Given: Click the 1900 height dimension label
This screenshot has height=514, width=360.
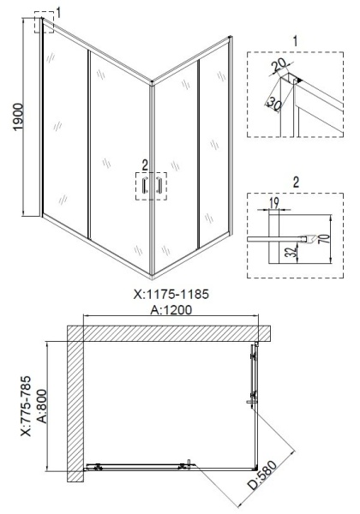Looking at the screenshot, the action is pyautogui.click(x=18, y=117).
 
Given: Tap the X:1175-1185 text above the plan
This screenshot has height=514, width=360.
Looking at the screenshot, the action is pyautogui.click(x=171, y=294).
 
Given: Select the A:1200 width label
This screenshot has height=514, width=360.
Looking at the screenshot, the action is pyautogui.click(x=171, y=309).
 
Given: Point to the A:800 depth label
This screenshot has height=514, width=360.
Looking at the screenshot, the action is pyautogui.click(x=42, y=406).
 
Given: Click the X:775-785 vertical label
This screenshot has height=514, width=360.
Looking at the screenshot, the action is pyautogui.click(x=26, y=406).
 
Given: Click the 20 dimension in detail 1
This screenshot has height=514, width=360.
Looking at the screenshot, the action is pyautogui.click(x=279, y=65).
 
